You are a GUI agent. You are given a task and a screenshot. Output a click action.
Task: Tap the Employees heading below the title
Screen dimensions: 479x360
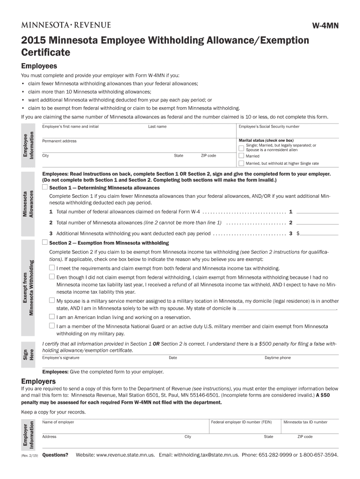(39, 66)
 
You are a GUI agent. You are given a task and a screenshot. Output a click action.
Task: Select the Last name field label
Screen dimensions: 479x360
(157, 126)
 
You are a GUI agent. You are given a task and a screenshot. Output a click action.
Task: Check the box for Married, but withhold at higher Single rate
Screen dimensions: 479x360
(241, 163)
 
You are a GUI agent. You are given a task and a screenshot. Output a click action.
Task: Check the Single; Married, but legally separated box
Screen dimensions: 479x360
(241, 148)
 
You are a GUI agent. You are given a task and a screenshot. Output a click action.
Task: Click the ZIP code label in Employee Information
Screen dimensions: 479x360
(208, 156)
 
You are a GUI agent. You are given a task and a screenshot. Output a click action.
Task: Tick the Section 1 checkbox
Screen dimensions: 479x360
(45, 187)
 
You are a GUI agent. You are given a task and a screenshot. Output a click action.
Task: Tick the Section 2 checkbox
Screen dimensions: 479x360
(45, 242)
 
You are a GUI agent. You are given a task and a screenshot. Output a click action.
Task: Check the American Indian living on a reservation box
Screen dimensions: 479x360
(52, 316)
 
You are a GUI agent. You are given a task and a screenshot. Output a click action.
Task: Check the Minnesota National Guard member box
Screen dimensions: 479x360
(52, 326)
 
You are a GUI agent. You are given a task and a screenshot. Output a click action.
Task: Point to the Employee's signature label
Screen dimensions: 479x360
(61, 358)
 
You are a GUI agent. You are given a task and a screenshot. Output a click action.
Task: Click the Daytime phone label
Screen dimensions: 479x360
(277, 358)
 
